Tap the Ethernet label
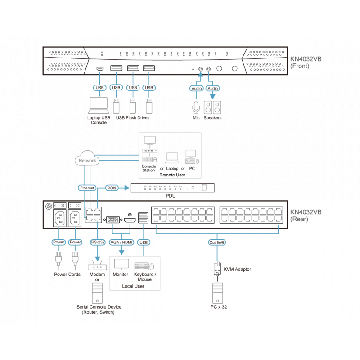[x=87, y=188]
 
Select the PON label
[x=112, y=188]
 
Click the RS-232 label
[x=98, y=242]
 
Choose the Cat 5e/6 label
[x=216, y=242]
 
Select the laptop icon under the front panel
[x=99, y=106]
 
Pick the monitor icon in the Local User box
[x=121, y=264]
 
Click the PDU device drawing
[x=173, y=188]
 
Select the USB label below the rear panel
[x=144, y=242]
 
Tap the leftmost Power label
[x=58, y=242]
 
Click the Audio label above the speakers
[x=213, y=88]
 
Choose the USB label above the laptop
[x=99, y=87]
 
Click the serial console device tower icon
[x=98, y=292]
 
